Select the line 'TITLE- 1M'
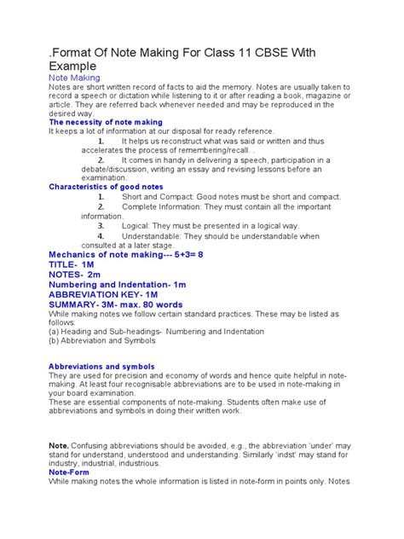coord(72,265)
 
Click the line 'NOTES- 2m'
coord(74,276)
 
